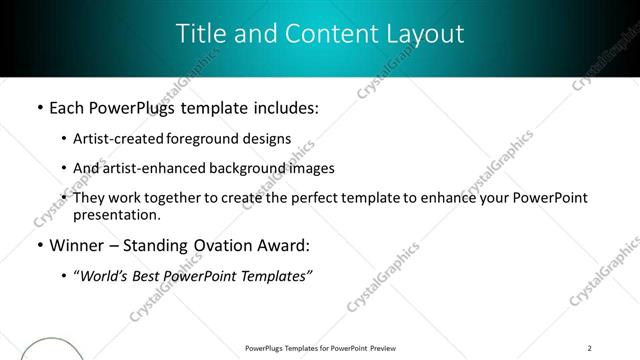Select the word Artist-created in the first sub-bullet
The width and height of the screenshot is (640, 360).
(x=109, y=139)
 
